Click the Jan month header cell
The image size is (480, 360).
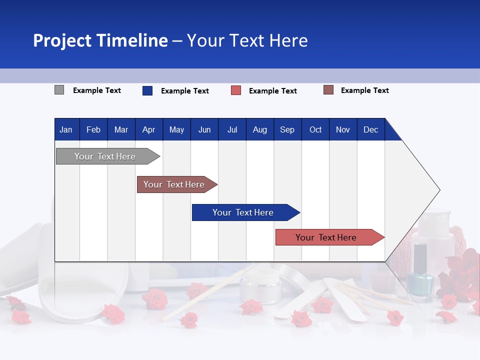pos(66,129)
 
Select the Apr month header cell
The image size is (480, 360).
pos(149,129)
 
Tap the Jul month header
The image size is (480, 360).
pos(232,129)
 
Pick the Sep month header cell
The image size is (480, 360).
pos(287,129)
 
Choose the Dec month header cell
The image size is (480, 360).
pos(370,129)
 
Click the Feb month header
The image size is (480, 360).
pos(93,129)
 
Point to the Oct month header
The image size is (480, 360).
pos(315,129)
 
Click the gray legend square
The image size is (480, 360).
pos(59,90)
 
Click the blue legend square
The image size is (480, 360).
pos(147,90)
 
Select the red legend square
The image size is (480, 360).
pos(236,90)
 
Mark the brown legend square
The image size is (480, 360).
pos(328,90)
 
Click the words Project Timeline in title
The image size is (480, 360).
pos(100,40)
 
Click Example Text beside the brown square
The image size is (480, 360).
pos(364,90)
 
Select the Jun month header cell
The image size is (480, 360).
pos(204,129)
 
